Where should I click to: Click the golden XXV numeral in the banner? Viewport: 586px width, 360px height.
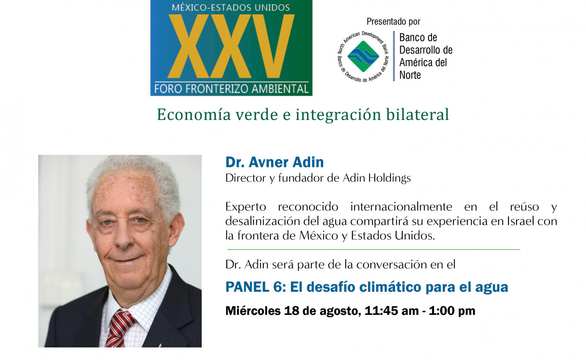(231, 46)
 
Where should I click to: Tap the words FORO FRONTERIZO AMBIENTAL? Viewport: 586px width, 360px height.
(231, 89)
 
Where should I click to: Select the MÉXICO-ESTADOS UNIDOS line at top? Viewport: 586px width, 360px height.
(231, 8)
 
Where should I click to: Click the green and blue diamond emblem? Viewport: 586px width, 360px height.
(363, 56)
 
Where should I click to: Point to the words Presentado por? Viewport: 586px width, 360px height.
(393, 21)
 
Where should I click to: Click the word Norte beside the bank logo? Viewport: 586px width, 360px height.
(410, 75)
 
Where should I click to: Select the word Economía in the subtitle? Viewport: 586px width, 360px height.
(194, 115)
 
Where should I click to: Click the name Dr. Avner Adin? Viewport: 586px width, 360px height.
(275, 162)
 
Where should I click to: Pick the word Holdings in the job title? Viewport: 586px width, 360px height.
(390, 178)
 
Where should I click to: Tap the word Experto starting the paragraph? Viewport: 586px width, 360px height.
(246, 207)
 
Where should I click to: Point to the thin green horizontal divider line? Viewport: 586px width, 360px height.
(373, 249)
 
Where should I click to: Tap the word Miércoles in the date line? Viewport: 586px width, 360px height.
(253, 311)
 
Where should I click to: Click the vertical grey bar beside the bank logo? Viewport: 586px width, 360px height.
(394, 56)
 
